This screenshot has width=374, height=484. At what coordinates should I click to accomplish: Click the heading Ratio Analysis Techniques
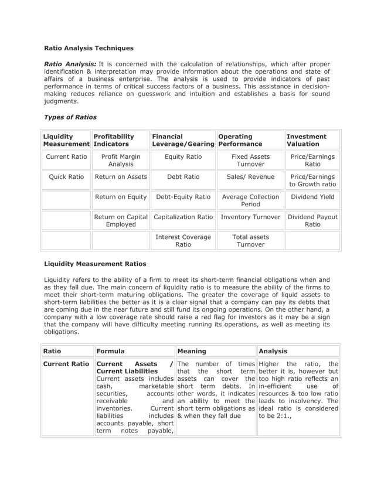click(x=89, y=47)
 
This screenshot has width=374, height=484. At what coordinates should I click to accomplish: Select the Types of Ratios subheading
click(x=70, y=117)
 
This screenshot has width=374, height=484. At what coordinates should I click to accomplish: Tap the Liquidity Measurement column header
click(x=66, y=140)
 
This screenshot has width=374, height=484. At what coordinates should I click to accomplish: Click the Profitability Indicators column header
click(x=120, y=140)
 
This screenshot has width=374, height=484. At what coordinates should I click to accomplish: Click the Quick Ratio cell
click(x=66, y=176)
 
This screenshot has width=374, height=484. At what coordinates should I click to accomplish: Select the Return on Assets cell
click(x=120, y=176)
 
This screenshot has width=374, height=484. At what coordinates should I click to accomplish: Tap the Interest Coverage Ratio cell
click(x=183, y=241)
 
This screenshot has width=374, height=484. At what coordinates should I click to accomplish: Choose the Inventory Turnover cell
click(x=250, y=217)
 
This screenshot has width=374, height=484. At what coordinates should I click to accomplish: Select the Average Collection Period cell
click(x=250, y=201)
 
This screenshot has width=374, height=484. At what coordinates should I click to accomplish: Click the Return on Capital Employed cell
click(x=120, y=221)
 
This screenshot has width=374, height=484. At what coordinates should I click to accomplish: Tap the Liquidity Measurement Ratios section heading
click(x=96, y=264)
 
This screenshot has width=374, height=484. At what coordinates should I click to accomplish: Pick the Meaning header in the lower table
click(x=192, y=352)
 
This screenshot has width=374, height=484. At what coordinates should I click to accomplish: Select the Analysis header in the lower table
click(x=273, y=352)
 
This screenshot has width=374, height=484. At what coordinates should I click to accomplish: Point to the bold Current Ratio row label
click(x=66, y=364)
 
